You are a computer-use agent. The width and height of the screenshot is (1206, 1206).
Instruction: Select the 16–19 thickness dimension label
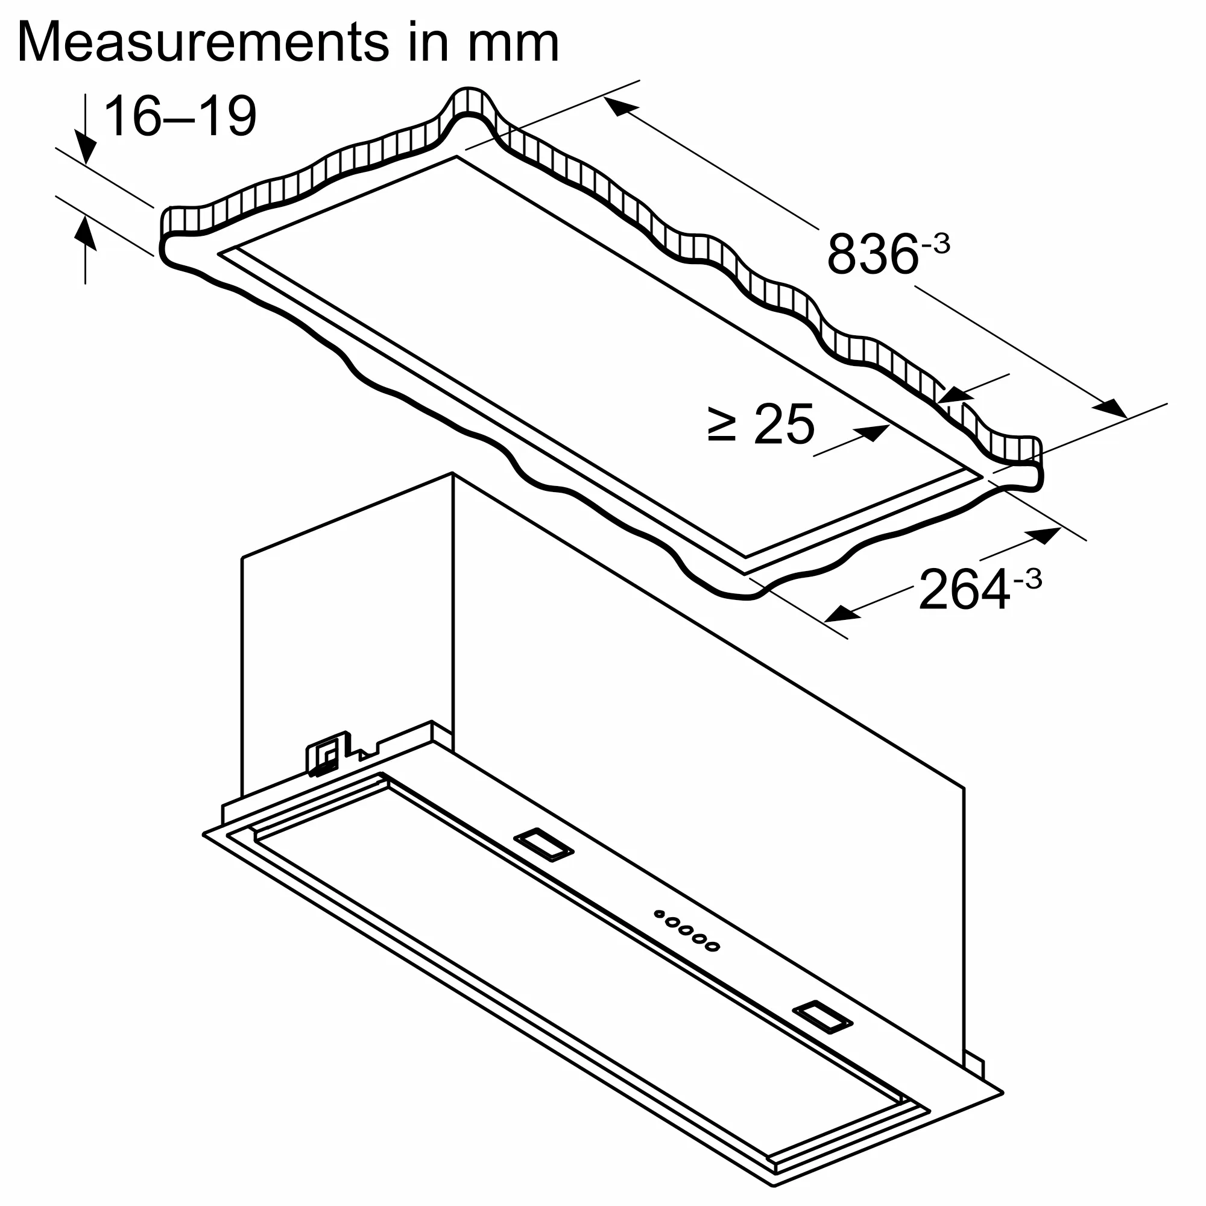point(180,117)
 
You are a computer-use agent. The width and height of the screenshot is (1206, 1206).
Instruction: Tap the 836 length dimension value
point(872,254)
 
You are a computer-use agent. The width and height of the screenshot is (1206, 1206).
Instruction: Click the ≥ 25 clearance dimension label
point(762,424)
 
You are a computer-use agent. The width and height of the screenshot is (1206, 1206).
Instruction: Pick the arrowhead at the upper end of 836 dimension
point(620,107)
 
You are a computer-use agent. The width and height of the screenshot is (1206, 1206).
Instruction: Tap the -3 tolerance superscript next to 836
point(935,244)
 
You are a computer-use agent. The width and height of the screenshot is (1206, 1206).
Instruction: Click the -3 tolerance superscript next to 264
point(1028,579)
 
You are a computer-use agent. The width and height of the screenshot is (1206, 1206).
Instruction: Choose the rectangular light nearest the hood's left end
point(543,845)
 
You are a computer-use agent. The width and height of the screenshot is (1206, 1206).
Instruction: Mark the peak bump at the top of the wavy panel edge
point(469,100)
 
